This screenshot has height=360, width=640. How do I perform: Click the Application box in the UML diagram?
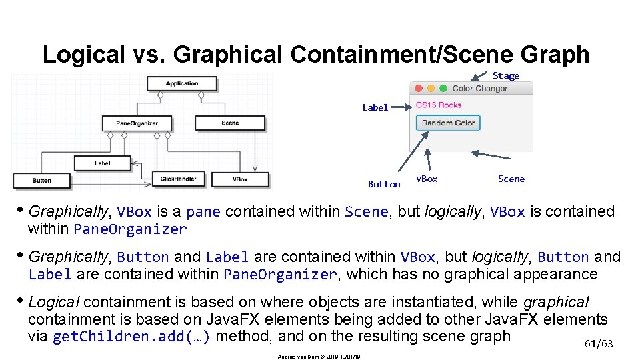(x=182, y=84)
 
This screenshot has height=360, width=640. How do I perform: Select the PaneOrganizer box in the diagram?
(x=137, y=123)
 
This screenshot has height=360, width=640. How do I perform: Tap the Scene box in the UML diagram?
(x=230, y=123)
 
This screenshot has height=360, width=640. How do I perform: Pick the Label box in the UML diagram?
(x=102, y=163)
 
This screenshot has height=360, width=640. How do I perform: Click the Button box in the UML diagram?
(x=41, y=181)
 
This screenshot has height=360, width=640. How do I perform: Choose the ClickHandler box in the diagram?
(x=178, y=179)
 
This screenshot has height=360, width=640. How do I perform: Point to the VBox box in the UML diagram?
(x=241, y=179)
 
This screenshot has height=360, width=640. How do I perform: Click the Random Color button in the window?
(x=448, y=123)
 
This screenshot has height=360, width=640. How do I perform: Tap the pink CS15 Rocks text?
(x=438, y=105)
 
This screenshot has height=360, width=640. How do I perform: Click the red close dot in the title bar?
(x=419, y=88)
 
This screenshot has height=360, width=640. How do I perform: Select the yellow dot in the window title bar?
(x=431, y=88)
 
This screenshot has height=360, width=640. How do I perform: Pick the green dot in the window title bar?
(x=442, y=88)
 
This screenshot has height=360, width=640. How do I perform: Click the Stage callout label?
(x=506, y=75)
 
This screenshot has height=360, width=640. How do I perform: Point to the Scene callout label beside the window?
(x=511, y=179)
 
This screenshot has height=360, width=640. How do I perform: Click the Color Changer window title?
(x=479, y=88)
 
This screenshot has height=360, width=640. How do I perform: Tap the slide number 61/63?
(x=598, y=343)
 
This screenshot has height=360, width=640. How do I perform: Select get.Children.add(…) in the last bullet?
(x=131, y=337)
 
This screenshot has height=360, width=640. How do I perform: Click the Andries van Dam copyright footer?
(x=319, y=357)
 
